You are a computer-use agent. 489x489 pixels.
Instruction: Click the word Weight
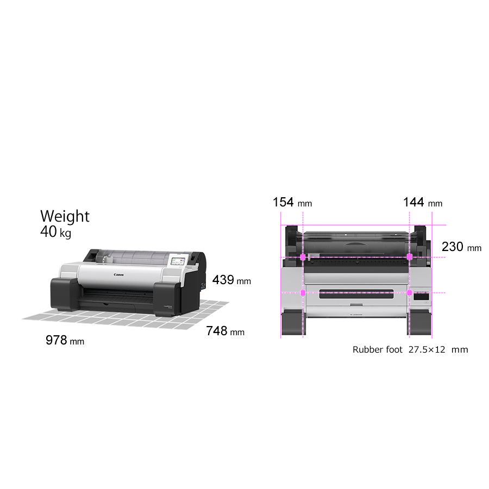point(65,216)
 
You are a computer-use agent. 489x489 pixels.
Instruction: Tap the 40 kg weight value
point(55,231)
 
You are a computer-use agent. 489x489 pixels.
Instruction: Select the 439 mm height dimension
point(231,280)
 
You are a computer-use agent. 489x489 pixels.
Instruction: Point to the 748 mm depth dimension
point(225,331)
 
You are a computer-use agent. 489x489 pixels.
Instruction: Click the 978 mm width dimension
point(65,340)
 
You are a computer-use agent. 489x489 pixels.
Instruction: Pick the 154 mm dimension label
point(292,202)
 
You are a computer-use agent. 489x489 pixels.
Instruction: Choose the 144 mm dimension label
point(423,202)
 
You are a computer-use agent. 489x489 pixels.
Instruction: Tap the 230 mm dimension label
point(461,247)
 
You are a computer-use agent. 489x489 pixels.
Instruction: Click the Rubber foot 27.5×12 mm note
point(410,349)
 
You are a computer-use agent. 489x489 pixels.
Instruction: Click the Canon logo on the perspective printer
point(118,275)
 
